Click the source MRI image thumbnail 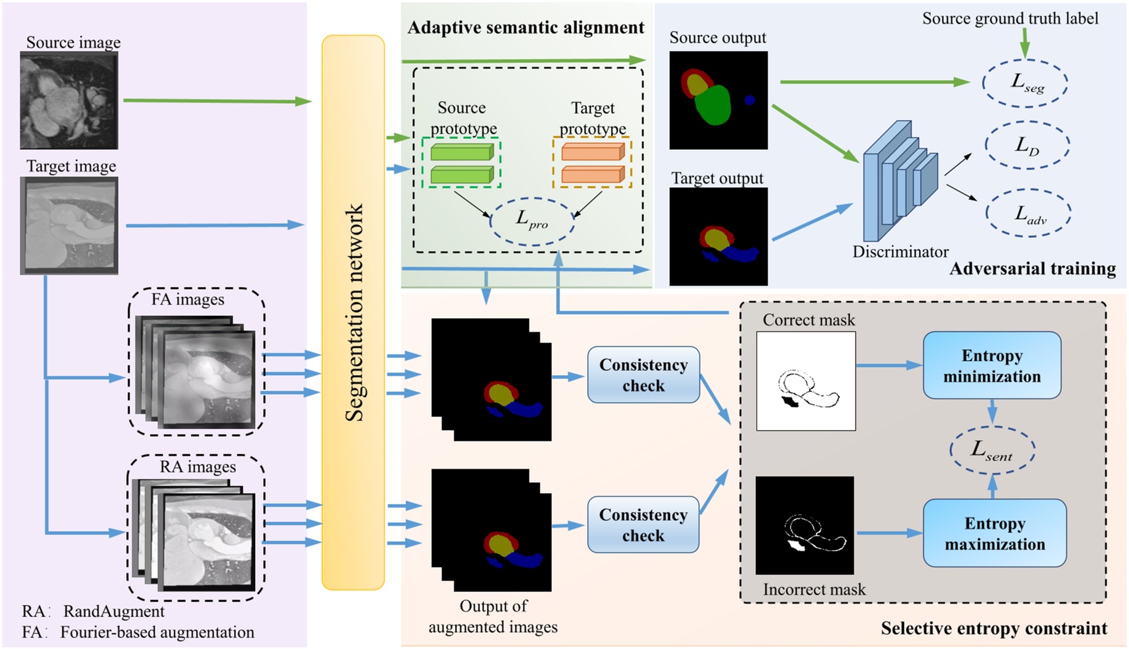(68, 100)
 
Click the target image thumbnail (68, 225)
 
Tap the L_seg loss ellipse (1025, 83)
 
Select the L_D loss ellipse (1027, 145)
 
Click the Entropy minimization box (991, 366)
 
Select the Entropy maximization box (994, 533)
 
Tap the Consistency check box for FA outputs (643, 375)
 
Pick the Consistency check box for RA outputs (643, 525)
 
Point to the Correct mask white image (806, 381)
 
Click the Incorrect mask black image (804, 526)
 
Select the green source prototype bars (461, 163)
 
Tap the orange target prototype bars (592, 163)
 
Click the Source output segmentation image (718, 100)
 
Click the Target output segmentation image (718, 237)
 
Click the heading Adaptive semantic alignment (526, 28)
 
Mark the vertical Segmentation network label (354, 312)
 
